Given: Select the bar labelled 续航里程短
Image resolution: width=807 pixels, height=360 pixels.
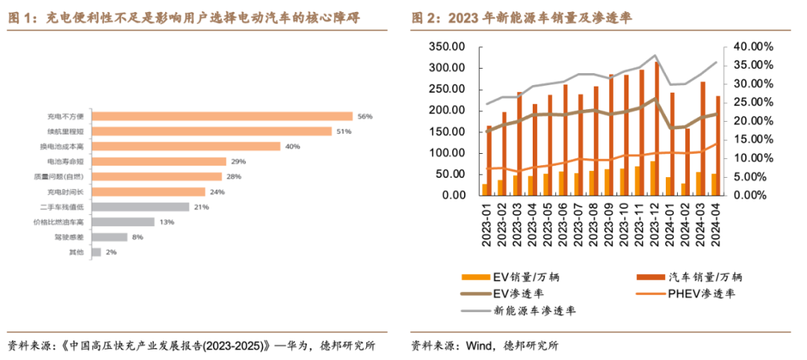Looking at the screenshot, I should (x=211, y=131).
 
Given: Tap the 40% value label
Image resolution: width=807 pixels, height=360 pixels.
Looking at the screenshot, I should (x=291, y=146).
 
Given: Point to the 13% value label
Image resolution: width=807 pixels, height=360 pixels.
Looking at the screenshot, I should (x=166, y=222).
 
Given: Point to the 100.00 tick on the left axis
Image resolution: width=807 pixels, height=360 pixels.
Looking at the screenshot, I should (x=447, y=153).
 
